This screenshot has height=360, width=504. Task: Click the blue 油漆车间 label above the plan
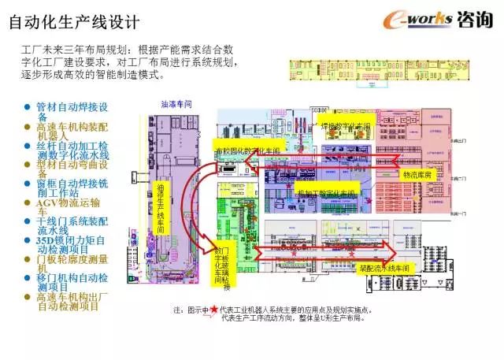click(176, 104)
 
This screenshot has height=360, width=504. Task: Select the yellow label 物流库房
click(417, 174)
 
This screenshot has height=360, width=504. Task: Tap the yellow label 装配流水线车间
click(384, 268)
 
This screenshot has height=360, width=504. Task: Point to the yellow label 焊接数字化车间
click(344, 126)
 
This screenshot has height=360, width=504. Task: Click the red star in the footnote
click(213, 310)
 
